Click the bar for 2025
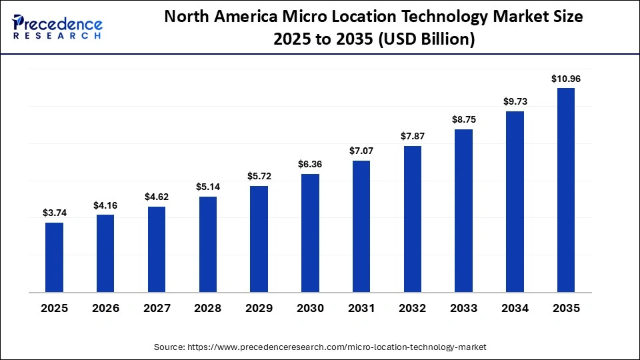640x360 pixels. click(55, 257)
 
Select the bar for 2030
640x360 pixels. click(310, 233)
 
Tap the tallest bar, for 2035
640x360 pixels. click(565, 190)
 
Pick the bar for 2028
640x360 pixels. click(208, 244)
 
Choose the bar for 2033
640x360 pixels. click(463, 211)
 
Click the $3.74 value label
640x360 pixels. click(55, 213)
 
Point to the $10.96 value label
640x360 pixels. click(565, 79)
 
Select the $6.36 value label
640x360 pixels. click(310, 164)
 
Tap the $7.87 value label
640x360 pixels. click(412, 136)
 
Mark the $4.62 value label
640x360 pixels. click(157, 197)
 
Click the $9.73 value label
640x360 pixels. click(515, 101)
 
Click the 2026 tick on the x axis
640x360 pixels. click(105, 308)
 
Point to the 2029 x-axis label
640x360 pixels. click(259, 308)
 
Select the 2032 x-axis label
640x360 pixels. click(412, 308)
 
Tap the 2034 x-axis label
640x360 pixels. click(515, 308)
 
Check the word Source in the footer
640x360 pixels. click(170, 347)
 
